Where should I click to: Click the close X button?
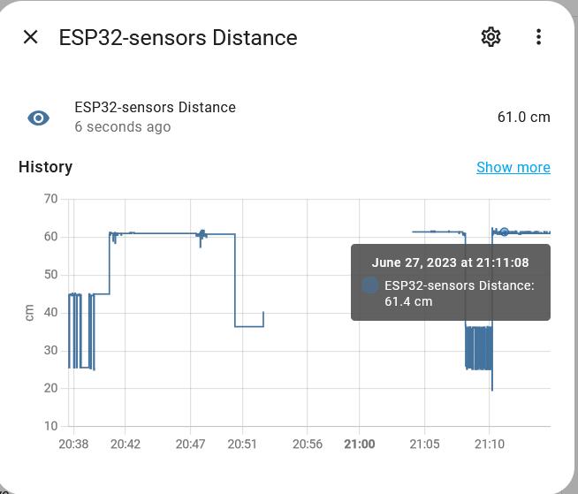pyautogui.click(x=31, y=37)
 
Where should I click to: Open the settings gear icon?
pyautogui.click(x=491, y=37)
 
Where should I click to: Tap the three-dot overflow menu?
pyautogui.click(x=538, y=37)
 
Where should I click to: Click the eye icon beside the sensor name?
pyautogui.click(x=38, y=118)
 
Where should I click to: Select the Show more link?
pyautogui.click(x=513, y=167)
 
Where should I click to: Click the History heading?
pyautogui.click(x=45, y=167)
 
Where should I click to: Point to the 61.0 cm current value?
pyautogui.click(x=523, y=118)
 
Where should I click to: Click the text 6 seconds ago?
pyautogui.click(x=123, y=127)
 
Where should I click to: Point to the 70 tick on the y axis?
pyautogui.click(x=50, y=199)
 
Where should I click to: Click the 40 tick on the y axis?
pyautogui.click(x=50, y=312)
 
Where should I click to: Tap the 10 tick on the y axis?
pyautogui.click(x=50, y=426)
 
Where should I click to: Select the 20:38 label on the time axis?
pyautogui.click(x=72, y=444)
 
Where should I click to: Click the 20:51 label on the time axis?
pyautogui.click(x=242, y=444)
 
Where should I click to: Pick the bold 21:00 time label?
pyautogui.click(x=360, y=444)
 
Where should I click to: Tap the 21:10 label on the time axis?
pyautogui.click(x=490, y=444)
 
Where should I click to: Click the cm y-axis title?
pyautogui.click(x=29, y=312)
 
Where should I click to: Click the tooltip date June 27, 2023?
pyautogui.click(x=450, y=262)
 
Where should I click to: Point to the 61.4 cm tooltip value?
pyautogui.click(x=408, y=301)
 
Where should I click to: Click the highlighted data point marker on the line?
pyautogui.click(x=504, y=232)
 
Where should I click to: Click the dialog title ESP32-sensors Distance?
pyautogui.click(x=178, y=37)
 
